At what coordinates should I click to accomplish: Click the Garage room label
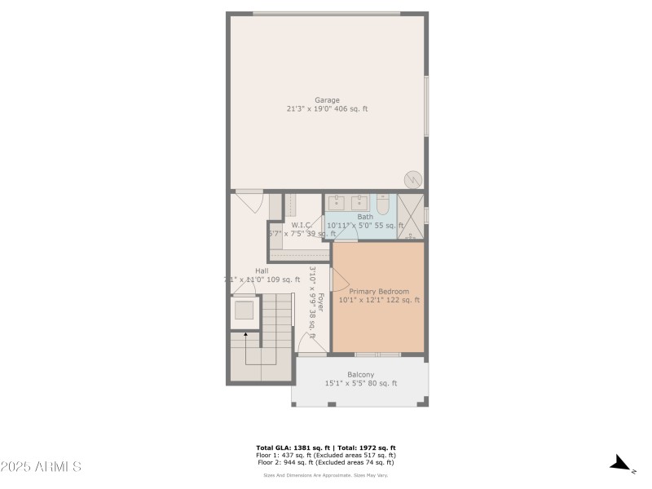pyautogui.click(x=327, y=100)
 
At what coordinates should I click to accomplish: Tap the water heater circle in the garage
pyautogui.click(x=413, y=179)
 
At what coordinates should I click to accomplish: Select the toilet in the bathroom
pyautogui.click(x=382, y=204)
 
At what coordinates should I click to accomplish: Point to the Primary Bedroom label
pyautogui.click(x=379, y=291)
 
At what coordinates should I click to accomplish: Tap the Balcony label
pyautogui.click(x=360, y=374)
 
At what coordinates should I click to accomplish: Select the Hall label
pyautogui.click(x=262, y=271)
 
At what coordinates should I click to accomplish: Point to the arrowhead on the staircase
pyautogui.click(x=245, y=333)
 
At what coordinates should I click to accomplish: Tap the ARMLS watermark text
pyautogui.click(x=41, y=467)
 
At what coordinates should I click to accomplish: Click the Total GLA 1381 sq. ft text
pyautogui.click(x=289, y=448)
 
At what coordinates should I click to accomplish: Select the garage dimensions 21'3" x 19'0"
pyautogui.click(x=310, y=108)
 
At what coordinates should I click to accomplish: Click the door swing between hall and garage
pyautogui.click(x=248, y=199)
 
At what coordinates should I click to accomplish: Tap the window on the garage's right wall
pyautogui.click(x=425, y=106)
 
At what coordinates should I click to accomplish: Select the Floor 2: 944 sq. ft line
pyautogui.click(x=326, y=462)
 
